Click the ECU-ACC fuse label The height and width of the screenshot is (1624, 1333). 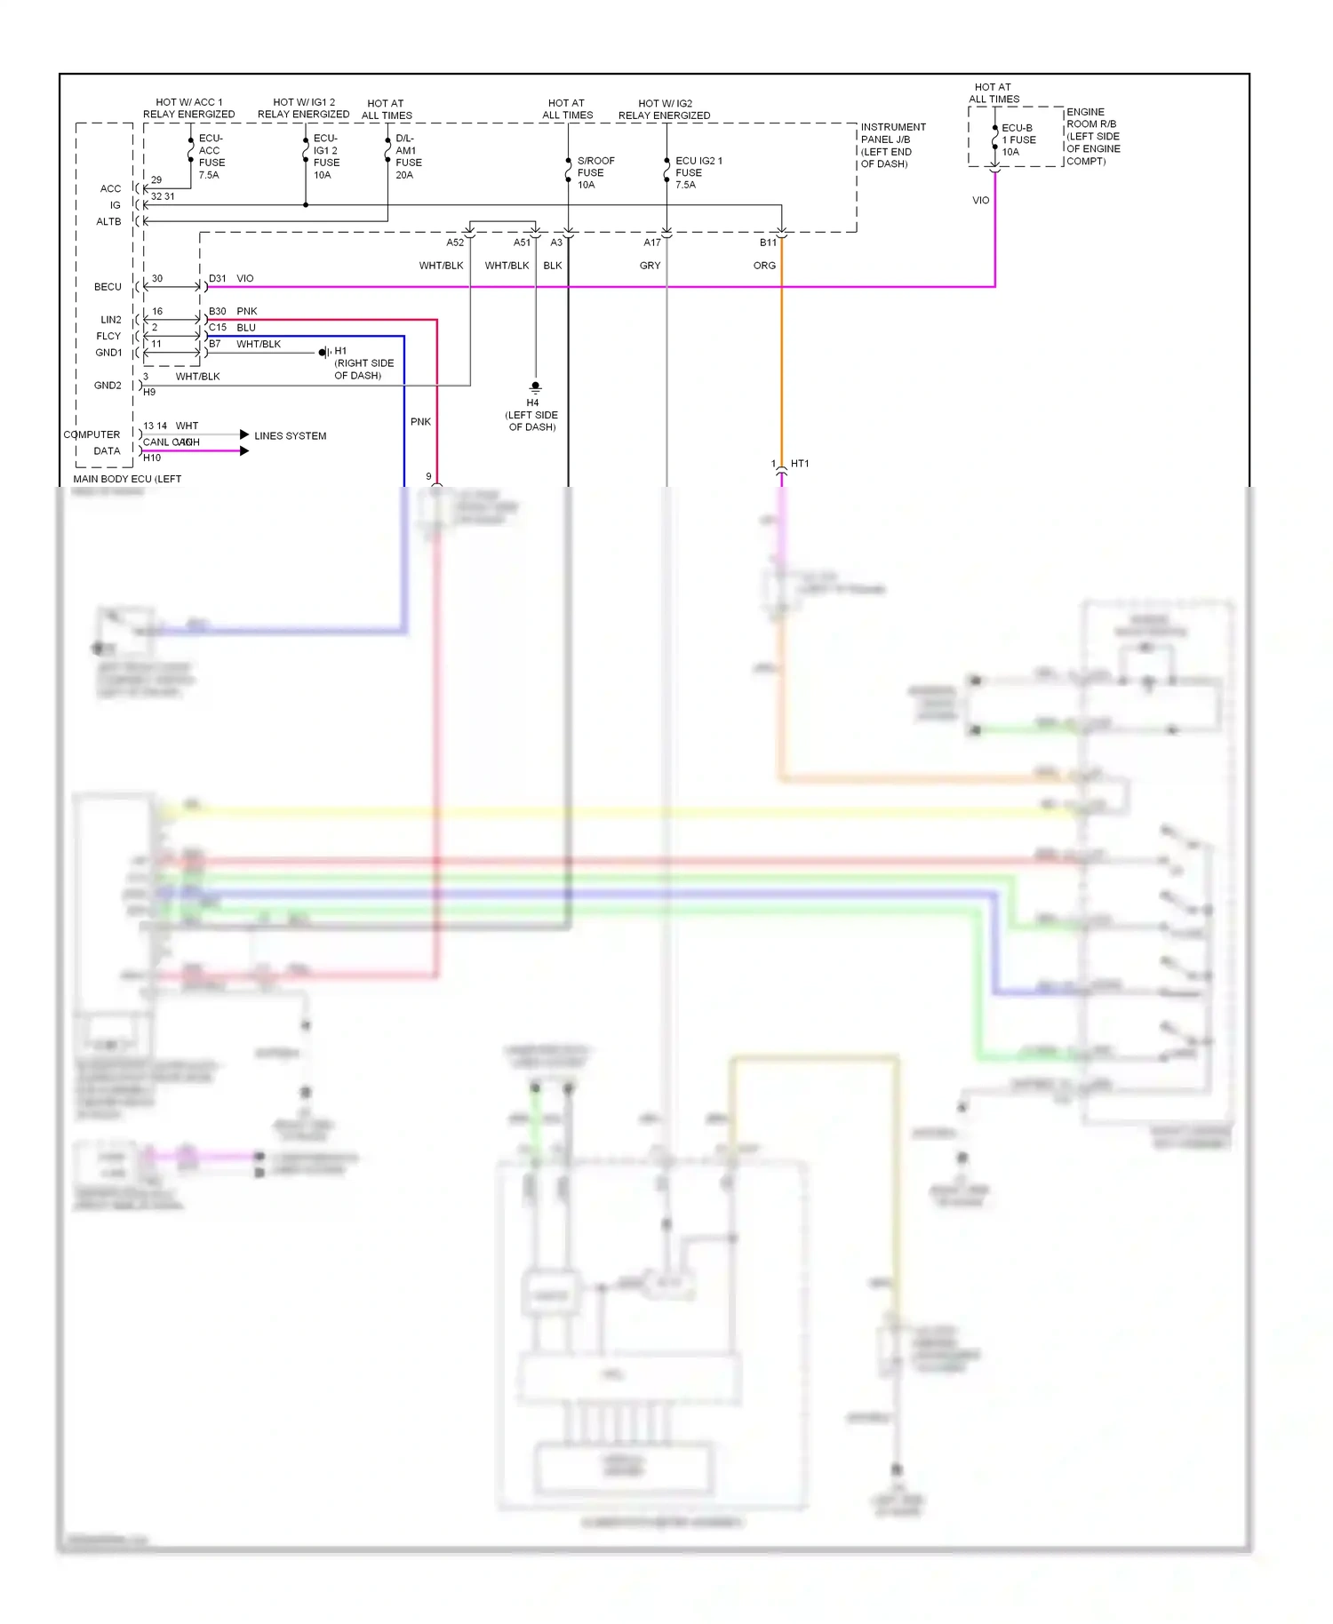(211, 156)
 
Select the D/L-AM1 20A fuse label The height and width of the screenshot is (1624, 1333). (408, 156)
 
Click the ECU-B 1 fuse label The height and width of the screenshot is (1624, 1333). (1018, 139)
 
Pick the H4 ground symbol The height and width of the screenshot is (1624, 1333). (535, 387)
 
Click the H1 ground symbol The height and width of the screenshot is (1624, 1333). (325, 353)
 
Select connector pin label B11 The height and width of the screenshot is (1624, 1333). (768, 243)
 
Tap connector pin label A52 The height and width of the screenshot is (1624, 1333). (455, 243)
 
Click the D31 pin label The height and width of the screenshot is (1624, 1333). (217, 279)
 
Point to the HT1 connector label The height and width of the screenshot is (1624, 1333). (800, 464)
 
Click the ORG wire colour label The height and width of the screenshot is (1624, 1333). (764, 266)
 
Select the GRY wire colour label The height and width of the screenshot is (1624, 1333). (650, 266)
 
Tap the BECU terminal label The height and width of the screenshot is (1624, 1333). (108, 287)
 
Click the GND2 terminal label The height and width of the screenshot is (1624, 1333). (108, 386)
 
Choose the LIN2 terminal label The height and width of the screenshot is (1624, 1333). (110, 320)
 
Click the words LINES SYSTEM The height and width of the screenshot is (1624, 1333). (290, 436)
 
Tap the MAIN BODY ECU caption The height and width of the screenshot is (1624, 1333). (126, 479)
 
